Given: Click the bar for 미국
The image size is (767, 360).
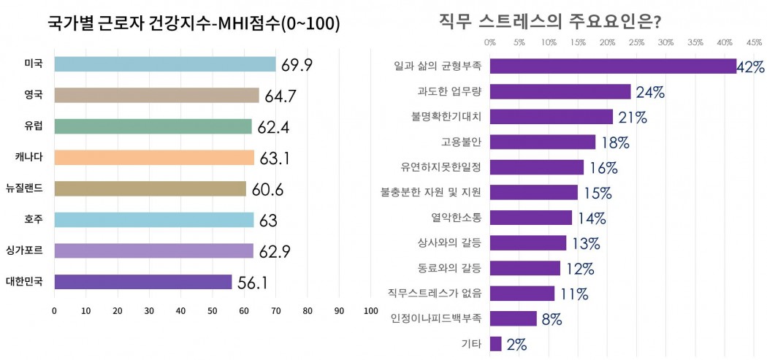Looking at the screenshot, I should click(x=164, y=64).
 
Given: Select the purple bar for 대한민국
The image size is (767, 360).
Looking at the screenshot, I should click(x=142, y=282).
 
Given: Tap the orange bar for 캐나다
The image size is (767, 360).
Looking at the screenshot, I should click(x=154, y=158).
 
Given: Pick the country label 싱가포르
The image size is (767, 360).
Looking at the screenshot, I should click(x=24, y=250).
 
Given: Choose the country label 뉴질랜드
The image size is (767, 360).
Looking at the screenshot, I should click(x=24, y=188).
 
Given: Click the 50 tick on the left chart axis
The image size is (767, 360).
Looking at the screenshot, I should click(x=213, y=311).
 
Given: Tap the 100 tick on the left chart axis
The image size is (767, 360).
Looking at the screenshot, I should click(x=370, y=311).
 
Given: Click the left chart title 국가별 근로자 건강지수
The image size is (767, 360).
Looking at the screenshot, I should click(x=194, y=24).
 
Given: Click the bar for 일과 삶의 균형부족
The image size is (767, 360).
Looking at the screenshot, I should click(x=613, y=66).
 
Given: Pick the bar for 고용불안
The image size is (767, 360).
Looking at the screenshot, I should click(x=543, y=142).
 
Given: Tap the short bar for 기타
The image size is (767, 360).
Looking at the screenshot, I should click(x=496, y=343).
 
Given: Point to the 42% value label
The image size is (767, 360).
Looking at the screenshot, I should click(x=750, y=67).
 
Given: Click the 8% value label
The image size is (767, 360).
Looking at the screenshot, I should click(x=551, y=319).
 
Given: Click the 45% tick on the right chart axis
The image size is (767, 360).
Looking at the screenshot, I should click(x=754, y=42).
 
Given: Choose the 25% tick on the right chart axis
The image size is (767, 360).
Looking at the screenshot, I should click(x=636, y=42).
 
